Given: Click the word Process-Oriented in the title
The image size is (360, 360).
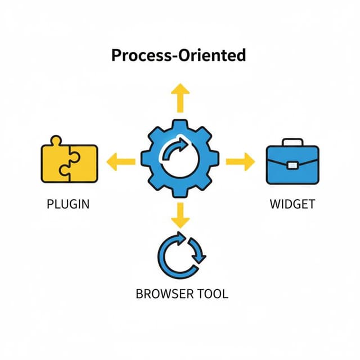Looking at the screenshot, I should (179, 55).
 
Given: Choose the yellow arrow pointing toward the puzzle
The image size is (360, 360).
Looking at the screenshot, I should (120, 161).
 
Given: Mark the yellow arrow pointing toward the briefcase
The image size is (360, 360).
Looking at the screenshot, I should (239, 161).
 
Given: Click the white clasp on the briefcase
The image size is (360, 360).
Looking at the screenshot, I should (292, 165).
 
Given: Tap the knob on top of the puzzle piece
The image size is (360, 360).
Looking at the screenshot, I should (55, 141).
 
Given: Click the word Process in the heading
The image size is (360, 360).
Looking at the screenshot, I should (138, 55).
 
